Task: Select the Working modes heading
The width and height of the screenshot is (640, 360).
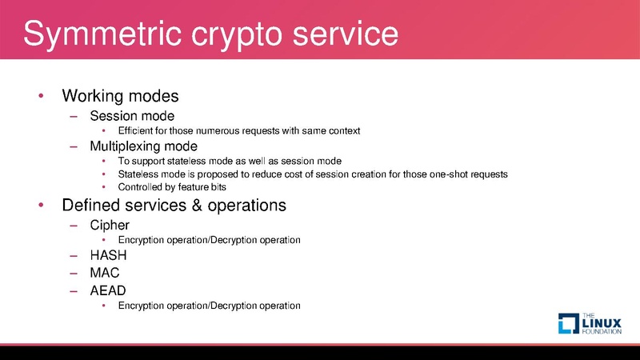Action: point(120,96)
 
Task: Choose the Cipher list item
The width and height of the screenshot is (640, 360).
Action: point(110,225)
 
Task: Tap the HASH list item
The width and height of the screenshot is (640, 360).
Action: point(108,256)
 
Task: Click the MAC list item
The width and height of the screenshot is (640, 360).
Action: point(105,273)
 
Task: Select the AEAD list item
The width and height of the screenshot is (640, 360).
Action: point(108,290)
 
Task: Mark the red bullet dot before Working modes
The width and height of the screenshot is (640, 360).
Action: point(41,97)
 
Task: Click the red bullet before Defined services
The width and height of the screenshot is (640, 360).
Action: point(41,206)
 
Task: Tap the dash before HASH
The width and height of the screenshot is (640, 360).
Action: point(74,256)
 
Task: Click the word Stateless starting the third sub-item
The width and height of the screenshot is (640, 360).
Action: point(137,174)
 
